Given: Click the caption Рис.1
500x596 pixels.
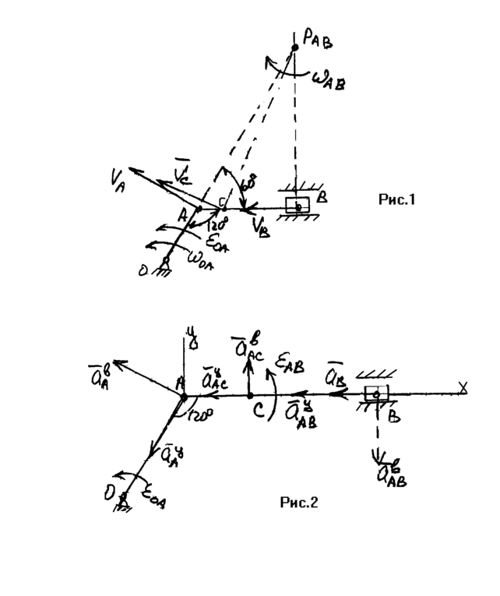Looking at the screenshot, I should [x=396, y=200].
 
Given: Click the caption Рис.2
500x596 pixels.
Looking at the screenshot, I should [x=299, y=503].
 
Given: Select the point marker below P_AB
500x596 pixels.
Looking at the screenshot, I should [x=294, y=49].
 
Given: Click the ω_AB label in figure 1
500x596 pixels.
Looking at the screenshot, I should [x=328, y=79].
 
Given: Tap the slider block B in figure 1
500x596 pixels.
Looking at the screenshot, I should [x=298, y=207].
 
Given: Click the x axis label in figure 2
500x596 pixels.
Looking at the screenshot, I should [x=463, y=387].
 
